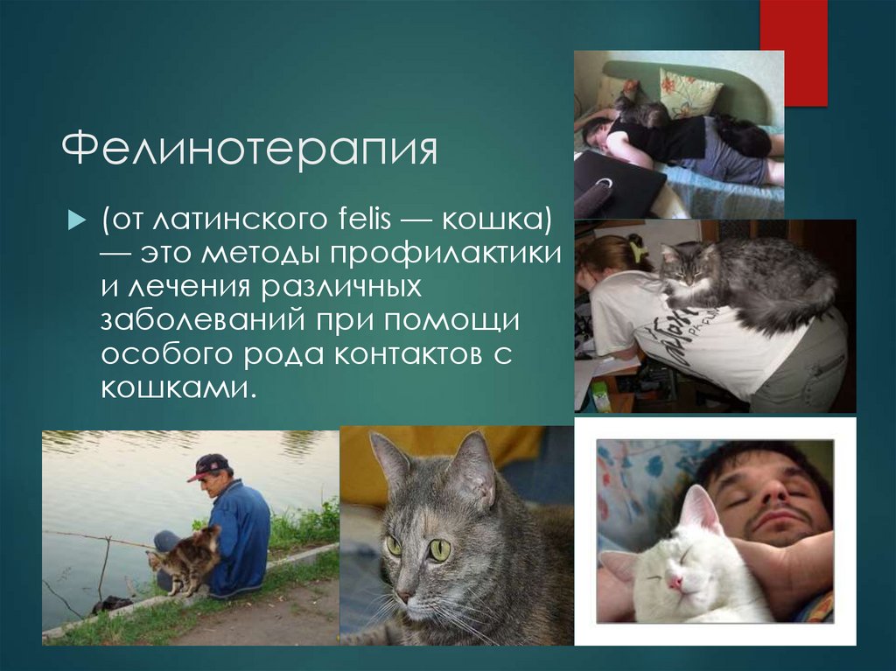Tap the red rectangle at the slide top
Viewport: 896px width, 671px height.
[793, 52]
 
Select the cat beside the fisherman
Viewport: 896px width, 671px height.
[185, 560]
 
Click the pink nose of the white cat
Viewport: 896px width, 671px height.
[674, 579]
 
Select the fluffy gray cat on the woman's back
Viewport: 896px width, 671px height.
[744, 280]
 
